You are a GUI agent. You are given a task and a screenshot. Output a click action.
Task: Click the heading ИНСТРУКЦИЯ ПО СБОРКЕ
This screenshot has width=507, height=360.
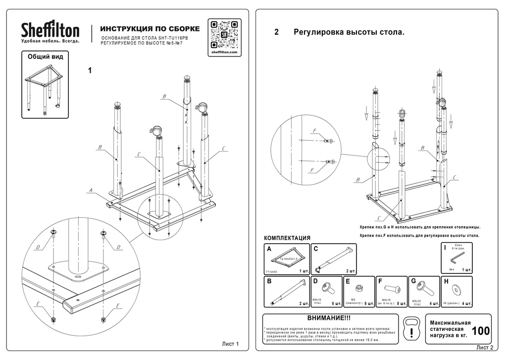pos(150,29)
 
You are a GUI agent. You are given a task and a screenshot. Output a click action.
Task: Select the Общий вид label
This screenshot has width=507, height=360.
pos(45,57)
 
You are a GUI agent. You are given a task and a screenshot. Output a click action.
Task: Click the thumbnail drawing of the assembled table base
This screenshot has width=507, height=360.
pos(45,89)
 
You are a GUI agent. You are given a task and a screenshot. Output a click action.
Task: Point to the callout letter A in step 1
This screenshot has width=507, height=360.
pos(91,190)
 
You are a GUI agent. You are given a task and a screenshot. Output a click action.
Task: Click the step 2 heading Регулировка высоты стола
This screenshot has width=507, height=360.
pos(349,33)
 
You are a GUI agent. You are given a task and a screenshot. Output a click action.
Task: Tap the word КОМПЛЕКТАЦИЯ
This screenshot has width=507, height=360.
pos(287,238)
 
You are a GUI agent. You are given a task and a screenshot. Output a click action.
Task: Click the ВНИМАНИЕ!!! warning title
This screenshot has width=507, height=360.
pos(329,318)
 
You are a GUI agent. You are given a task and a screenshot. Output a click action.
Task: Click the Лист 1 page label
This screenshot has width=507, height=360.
pos(230,344)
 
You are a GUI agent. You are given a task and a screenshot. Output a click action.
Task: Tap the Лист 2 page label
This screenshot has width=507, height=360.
pos(485,348)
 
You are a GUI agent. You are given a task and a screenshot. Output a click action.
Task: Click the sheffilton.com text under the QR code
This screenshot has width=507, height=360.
pos(224,52)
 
